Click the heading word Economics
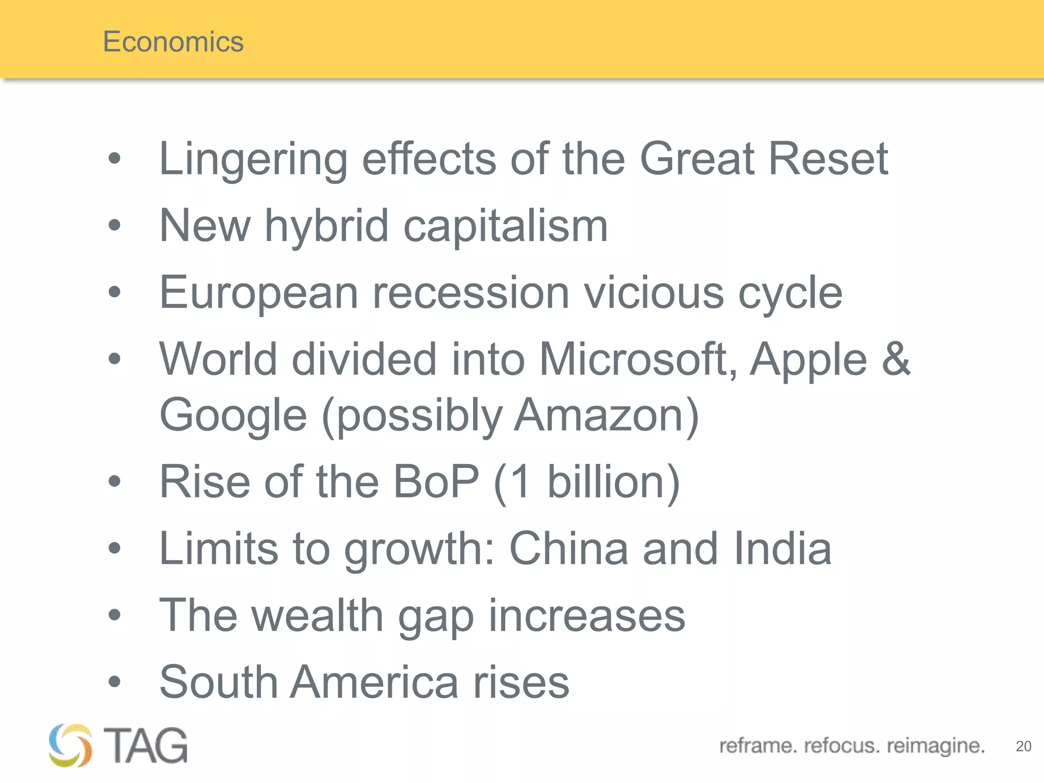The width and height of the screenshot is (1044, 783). (173, 41)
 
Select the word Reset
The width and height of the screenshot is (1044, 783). (828, 159)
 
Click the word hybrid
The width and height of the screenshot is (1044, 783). (327, 226)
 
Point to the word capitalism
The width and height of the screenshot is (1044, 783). (506, 226)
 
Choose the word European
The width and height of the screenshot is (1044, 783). (259, 293)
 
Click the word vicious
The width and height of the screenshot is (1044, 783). (654, 293)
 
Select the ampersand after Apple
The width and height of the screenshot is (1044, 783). (896, 359)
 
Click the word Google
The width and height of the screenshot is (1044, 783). (233, 415)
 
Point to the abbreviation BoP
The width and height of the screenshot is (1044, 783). (436, 482)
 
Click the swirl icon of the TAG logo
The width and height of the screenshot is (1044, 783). (70, 745)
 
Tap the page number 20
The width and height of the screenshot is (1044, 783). (1023, 746)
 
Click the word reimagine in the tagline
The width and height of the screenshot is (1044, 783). (935, 746)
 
